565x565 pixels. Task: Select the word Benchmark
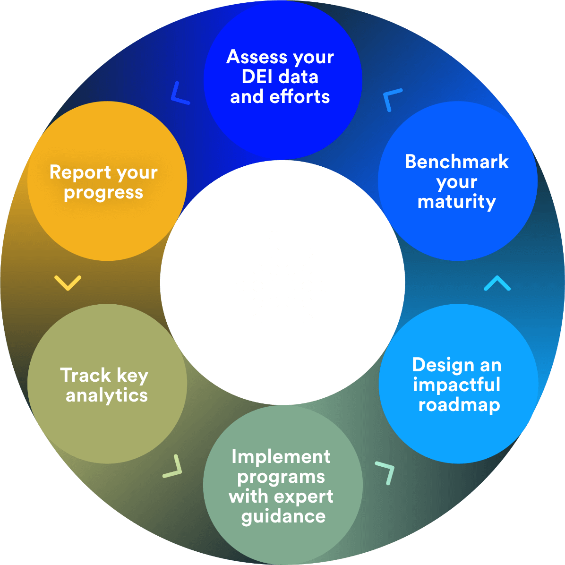click(x=457, y=162)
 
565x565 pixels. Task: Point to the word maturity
click(x=457, y=202)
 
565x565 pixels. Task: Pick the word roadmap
click(x=459, y=405)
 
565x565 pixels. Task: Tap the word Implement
click(x=281, y=456)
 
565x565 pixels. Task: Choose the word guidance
click(x=283, y=516)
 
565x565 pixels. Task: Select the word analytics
click(x=107, y=395)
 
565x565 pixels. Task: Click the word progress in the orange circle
click(x=103, y=193)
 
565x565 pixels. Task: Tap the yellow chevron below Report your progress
click(x=68, y=282)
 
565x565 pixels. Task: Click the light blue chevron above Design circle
click(x=497, y=283)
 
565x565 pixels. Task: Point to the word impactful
click(x=456, y=385)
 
